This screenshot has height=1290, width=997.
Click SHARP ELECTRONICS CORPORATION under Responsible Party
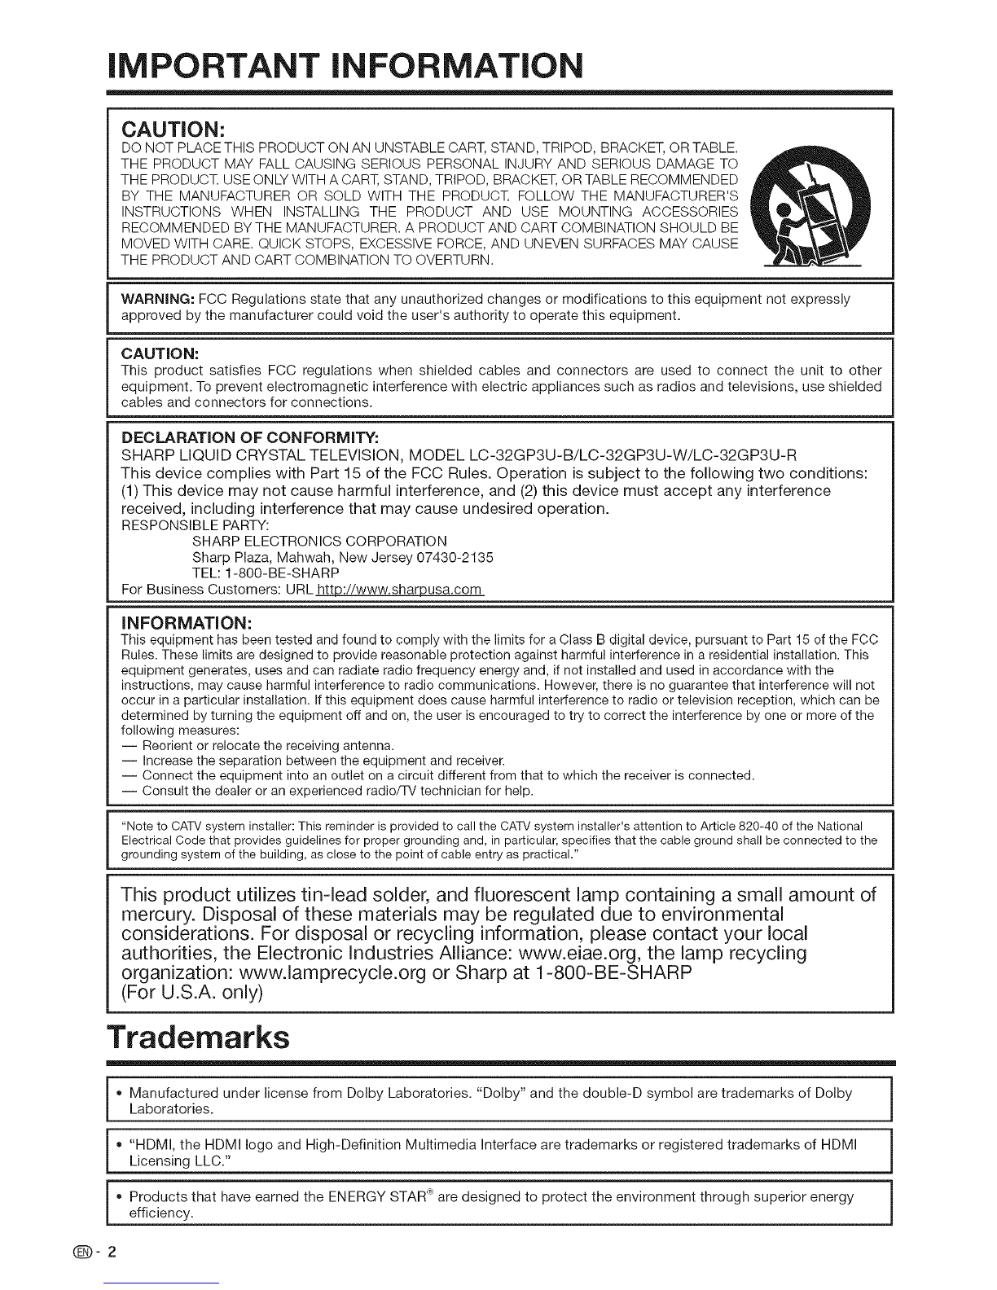[x=318, y=542]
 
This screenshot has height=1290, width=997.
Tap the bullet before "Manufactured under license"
[x=119, y=1093]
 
